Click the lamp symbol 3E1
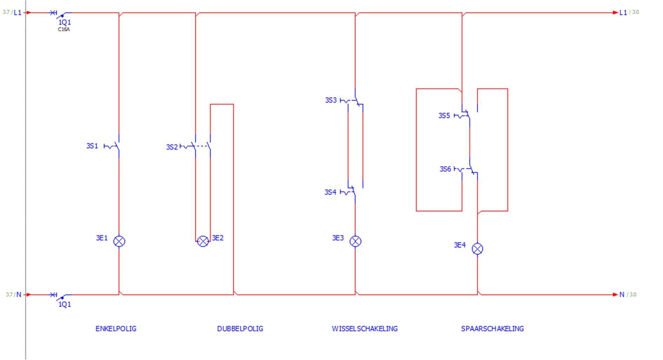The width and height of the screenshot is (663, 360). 119,241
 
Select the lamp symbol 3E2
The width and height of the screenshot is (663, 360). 203,241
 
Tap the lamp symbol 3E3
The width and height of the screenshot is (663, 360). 355,241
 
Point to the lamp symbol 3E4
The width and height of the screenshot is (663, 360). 477,249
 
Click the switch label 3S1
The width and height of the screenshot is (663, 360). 92,146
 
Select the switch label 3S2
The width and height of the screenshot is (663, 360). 172,147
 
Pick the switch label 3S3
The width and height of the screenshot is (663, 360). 331,100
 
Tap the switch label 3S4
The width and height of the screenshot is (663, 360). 330,192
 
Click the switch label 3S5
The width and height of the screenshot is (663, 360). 444,116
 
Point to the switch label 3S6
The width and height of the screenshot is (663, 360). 445,169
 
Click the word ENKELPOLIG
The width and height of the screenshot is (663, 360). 116,329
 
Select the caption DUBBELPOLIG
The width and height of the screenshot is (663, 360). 240,329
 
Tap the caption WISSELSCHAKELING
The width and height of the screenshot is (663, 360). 365,329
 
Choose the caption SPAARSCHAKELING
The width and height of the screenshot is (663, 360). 492,329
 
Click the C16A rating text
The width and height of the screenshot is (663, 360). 64,29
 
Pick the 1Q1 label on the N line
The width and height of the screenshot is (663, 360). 64,304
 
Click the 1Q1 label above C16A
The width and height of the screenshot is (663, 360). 64,22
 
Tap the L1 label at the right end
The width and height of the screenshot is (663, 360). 623,13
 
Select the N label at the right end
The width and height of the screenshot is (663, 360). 622,294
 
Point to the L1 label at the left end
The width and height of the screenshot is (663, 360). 18,13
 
